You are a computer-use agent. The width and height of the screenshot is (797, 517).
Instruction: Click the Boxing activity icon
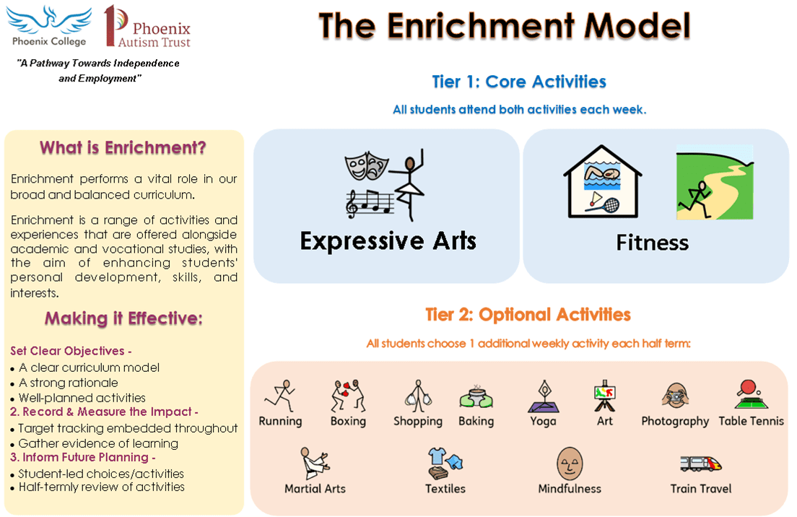348,396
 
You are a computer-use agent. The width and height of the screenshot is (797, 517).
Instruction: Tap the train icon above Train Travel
701,464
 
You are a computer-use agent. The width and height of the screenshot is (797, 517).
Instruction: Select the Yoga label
543,422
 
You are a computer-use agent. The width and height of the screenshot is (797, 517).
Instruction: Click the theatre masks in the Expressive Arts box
366,166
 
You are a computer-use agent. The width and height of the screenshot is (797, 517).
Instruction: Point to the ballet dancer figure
408,185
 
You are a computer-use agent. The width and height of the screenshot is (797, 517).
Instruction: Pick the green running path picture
715,182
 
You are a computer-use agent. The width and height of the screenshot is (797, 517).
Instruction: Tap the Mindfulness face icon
570,464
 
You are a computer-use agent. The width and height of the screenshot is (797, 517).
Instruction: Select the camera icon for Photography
675,396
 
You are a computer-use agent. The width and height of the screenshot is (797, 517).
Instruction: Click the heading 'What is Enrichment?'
123,148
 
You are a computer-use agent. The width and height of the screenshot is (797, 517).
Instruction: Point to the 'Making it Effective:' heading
123,318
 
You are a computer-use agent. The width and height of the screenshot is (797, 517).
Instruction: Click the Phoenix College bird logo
49,20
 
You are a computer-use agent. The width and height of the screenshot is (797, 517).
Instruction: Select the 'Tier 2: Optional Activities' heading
528,315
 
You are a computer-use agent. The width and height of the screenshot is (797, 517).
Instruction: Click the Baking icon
476,397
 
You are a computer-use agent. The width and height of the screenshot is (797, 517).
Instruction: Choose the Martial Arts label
315,489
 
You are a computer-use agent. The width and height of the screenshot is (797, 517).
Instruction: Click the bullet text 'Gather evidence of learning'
98,444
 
